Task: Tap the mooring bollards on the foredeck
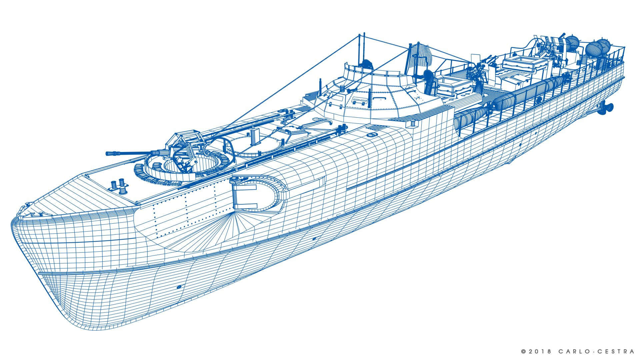120,187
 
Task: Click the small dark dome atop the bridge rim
367,63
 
